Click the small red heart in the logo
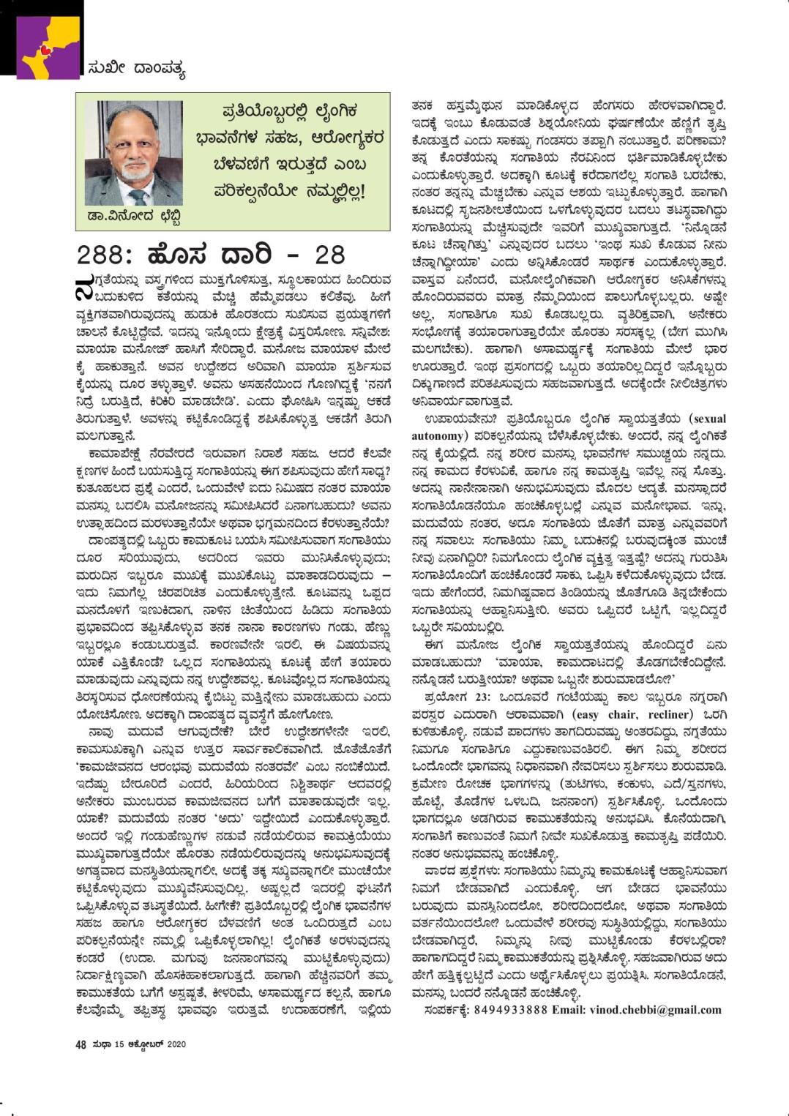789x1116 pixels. pyautogui.click(x=46, y=50)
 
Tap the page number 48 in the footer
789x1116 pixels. pyautogui.click(x=81, y=1044)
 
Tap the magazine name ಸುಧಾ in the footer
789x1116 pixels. pyautogui.click(x=102, y=1044)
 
